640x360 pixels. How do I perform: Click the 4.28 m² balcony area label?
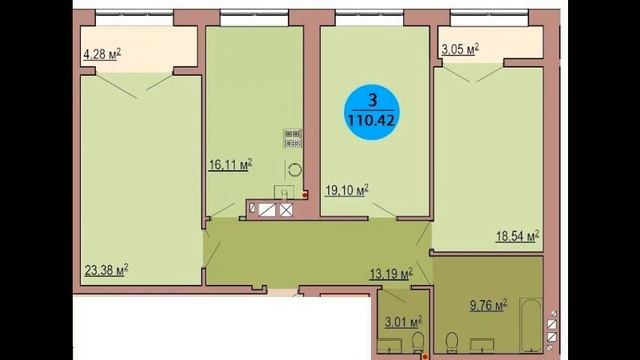tap(102, 54)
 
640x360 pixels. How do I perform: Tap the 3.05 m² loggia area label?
tap(460, 49)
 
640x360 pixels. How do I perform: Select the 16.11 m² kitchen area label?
tap(230, 164)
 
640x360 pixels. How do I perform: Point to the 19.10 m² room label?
tap(347, 190)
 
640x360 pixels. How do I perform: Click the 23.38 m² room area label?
tap(106, 270)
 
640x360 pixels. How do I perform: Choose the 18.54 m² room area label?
tap(518, 236)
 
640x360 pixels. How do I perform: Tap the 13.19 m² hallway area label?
tap(391, 273)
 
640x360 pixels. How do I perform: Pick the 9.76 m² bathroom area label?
tap(488, 305)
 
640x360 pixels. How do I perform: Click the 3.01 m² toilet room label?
tap(403, 322)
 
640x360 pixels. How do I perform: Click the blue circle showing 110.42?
tap(371, 112)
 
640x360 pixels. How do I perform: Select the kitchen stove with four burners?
tap(293, 138)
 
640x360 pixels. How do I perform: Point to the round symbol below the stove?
tap(295, 170)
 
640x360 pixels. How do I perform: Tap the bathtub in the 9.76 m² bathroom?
tap(530, 325)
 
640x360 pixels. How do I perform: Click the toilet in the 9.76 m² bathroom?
tap(451, 342)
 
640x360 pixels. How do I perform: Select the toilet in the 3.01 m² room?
tap(418, 342)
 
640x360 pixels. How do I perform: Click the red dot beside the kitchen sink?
tap(304, 195)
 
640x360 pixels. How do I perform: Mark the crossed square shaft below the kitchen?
tap(286, 210)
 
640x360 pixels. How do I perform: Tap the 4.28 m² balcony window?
tap(134, 19)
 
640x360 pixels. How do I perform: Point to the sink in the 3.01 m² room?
tap(389, 347)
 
